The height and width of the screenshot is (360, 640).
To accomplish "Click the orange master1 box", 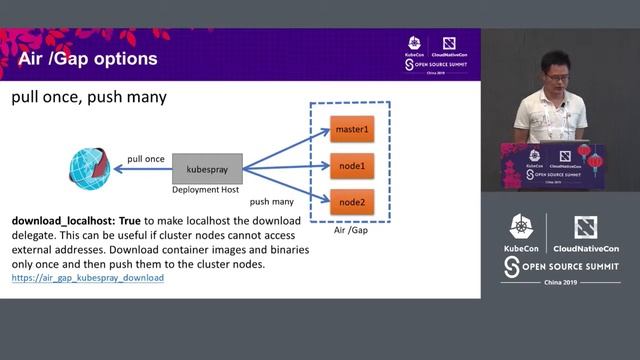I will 352,129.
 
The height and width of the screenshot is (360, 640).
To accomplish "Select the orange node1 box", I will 352,165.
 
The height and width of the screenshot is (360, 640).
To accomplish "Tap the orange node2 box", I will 352,201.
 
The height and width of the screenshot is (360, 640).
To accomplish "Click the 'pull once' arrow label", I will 146,159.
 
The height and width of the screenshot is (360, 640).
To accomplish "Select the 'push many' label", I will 271,201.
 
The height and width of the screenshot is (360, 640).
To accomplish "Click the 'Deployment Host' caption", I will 207,189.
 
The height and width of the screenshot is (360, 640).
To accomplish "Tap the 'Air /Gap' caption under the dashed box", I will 352,231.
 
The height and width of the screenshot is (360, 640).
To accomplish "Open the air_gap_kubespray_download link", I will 88,277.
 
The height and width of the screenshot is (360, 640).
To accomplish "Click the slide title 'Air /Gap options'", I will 88,59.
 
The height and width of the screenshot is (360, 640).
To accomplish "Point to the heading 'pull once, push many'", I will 88,98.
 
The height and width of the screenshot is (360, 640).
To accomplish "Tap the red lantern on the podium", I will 595,159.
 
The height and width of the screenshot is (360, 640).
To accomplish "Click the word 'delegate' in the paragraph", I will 37,234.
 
